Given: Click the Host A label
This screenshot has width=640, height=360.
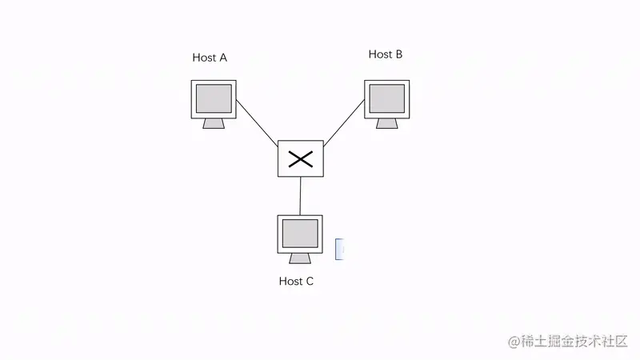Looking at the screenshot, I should click(x=210, y=58).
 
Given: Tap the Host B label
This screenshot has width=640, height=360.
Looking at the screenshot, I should click(x=385, y=54).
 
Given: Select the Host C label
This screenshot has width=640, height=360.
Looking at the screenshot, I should click(x=296, y=281).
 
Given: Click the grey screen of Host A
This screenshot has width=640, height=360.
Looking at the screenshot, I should click(x=214, y=98).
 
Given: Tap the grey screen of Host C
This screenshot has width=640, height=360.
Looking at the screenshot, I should click(x=300, y=233).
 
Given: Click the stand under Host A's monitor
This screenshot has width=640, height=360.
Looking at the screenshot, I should click(x=214, y=123).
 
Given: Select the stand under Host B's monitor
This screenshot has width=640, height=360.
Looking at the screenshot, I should click(x=387, y=122).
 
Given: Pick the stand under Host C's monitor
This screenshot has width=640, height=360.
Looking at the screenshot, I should click(x=300, y=258).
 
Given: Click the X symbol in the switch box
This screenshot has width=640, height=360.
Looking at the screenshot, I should click(x=300, y=158).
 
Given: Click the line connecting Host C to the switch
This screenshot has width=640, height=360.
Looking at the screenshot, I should click(x=300, y=196).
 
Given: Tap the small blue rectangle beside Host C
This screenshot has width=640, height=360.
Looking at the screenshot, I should click(x=339, y=249).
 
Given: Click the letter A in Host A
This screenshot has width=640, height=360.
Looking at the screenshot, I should click(x=222, y=58).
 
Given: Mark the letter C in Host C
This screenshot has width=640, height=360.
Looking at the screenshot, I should click(x=309, y=281).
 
